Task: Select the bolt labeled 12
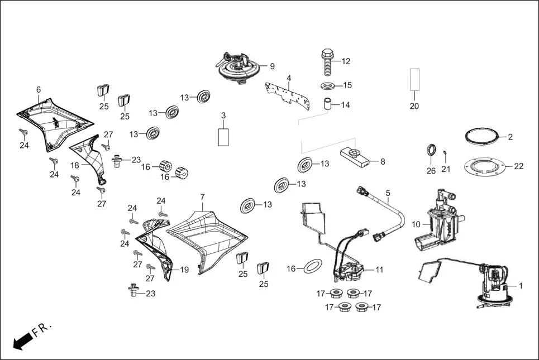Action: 326,61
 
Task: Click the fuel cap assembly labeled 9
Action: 239,68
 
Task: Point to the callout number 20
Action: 414,106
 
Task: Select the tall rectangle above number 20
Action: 414,79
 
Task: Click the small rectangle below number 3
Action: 223,137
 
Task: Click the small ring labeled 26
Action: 431,150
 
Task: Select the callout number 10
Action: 416,224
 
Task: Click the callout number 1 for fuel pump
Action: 521,286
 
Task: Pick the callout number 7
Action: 202,197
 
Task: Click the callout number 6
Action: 39,89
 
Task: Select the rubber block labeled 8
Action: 354,157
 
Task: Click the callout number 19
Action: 184,270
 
